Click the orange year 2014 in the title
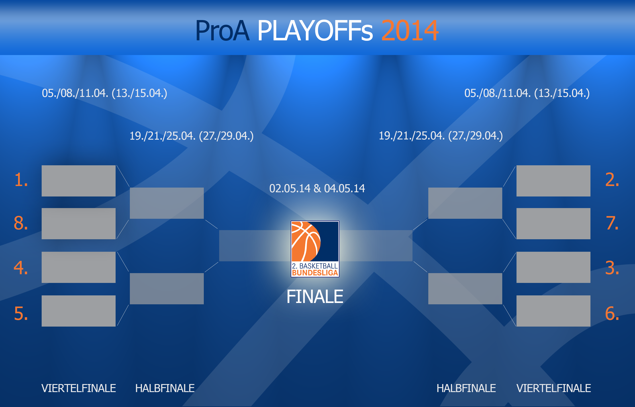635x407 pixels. (410, 31)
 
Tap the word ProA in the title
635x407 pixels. (222, 31)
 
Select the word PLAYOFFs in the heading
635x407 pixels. (315, 31)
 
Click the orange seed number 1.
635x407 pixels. (21, 180)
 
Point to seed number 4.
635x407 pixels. (21, 268)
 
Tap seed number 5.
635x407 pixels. (21, 313)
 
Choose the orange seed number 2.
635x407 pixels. (612, 180)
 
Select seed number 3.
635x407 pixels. (612, 268)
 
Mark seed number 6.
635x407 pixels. (612, 313)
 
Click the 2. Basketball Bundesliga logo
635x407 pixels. (315, 249)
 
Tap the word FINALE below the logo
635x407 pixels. (315, 297)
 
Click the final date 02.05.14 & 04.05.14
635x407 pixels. (317, 188)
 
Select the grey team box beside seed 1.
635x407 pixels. (78, 181)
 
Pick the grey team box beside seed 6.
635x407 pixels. (553, 311)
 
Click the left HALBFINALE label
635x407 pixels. (165, 388)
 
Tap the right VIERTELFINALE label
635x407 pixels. (554, 388)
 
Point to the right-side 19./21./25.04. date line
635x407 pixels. (441, 136)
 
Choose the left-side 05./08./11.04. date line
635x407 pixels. (104, 93)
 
